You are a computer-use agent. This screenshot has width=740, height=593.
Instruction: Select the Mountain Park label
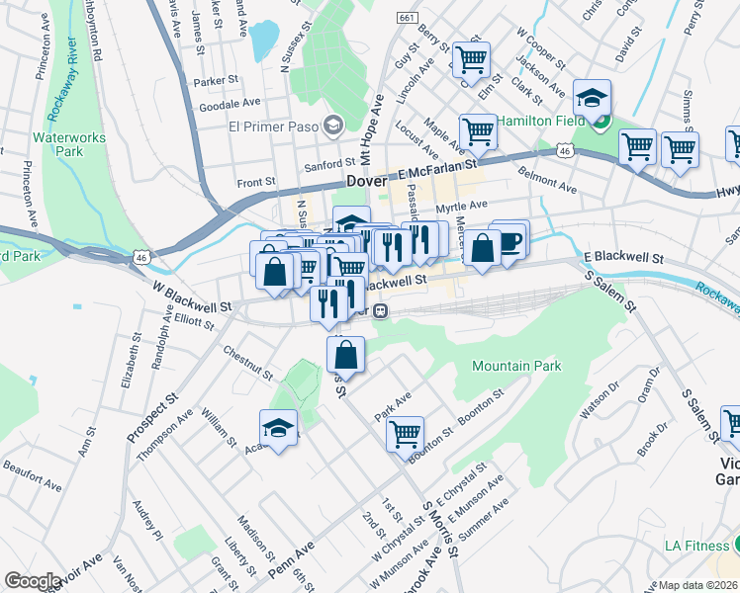pyautogui.click(x=516, y=366)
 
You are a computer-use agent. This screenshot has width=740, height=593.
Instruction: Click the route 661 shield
pyautogui.click(x=407, y=18)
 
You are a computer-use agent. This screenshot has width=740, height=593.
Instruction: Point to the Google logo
pyautogui.click(x=33, y=581)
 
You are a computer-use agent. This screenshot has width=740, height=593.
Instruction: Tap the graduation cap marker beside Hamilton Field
pyautogui.click(x=592, y=98)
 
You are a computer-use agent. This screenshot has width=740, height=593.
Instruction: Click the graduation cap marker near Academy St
pyautogui.click(x=279, y=428)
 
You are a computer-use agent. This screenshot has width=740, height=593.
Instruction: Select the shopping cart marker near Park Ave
pyautogui.click(x=405, y=434)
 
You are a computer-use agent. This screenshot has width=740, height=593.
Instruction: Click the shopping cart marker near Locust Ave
pyautogui.click(x=478, y=130)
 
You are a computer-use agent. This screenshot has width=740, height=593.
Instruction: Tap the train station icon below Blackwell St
pyautogui.click(x=380, y=310)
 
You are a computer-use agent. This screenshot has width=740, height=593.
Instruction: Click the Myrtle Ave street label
pyautogui.click(x=462, y=207)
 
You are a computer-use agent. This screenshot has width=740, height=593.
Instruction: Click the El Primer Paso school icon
pyautogui.click(x=332, y=125)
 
